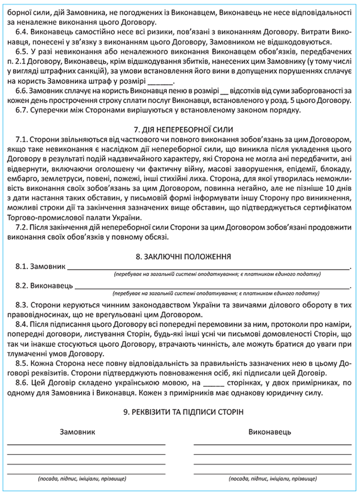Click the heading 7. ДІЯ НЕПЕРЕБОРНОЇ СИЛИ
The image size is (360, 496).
coord(179,129)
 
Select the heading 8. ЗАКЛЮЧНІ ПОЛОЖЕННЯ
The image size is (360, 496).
coord(179,256)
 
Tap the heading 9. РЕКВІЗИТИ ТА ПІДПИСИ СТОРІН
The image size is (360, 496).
coord(179,412)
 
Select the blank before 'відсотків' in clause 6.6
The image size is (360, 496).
coord(226,91)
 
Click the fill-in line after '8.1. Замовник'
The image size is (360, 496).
coord(208,267)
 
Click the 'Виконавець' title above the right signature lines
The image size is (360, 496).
coord(269,432)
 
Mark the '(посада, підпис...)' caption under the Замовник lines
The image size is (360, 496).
coord(82,479)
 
